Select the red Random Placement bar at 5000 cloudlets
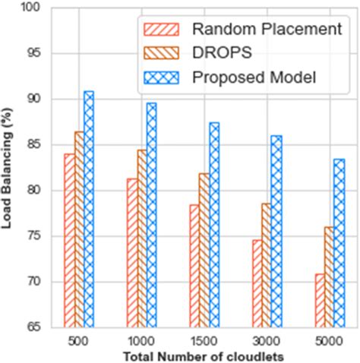[321, 301]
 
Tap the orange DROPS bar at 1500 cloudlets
[204, 251]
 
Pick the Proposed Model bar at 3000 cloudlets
[276, 232]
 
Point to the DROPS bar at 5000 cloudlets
[330, 277]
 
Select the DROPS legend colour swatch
[160, 53]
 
